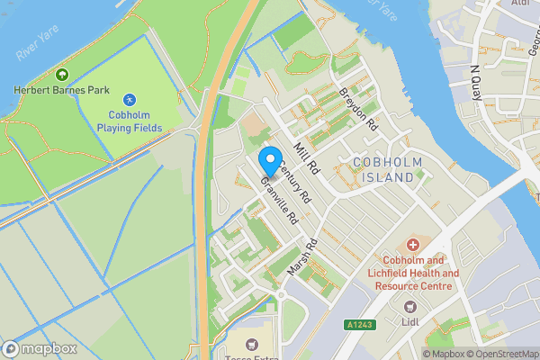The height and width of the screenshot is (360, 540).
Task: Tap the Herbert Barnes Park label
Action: point(62,90)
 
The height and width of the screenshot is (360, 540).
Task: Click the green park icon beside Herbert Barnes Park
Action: point(62,75)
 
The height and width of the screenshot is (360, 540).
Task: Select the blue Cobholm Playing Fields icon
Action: point(130,99)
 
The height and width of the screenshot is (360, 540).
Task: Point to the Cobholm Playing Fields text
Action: point(130,121)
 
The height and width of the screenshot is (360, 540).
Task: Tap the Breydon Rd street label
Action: point(356,110)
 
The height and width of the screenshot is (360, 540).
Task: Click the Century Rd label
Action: point(294,180)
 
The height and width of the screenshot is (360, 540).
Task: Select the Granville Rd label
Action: point(278,199)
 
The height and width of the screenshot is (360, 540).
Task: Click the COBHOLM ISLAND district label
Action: point(385,170)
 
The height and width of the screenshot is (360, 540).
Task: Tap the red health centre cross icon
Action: point(413,244)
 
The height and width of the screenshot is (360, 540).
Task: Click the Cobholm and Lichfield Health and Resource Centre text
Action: point(413,273)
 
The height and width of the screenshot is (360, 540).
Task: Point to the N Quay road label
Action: point(476,82)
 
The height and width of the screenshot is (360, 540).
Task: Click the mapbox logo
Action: point(40,348)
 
